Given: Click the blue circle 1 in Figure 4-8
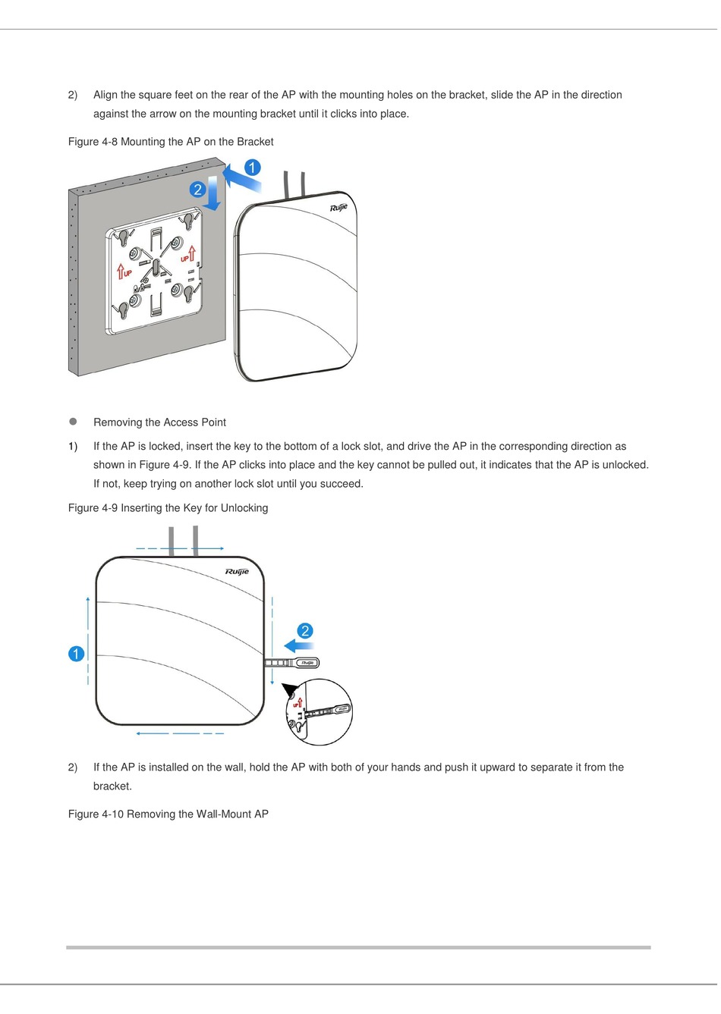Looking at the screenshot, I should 252,168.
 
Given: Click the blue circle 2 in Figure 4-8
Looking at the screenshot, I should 198,190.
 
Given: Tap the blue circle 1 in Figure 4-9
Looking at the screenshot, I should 76,654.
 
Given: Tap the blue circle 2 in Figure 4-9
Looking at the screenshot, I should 304,631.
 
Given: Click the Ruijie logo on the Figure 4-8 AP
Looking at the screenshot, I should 338,208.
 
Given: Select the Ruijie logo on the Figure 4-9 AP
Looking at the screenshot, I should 237,572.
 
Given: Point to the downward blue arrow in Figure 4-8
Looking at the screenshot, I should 214,193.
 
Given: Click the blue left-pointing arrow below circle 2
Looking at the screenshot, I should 299,646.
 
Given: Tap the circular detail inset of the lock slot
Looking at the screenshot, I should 320,712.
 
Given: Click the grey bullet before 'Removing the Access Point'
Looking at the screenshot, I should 74,422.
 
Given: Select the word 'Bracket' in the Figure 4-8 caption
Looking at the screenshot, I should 255,142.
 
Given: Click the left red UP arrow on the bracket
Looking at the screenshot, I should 121,272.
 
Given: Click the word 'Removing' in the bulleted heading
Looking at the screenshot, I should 116,422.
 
